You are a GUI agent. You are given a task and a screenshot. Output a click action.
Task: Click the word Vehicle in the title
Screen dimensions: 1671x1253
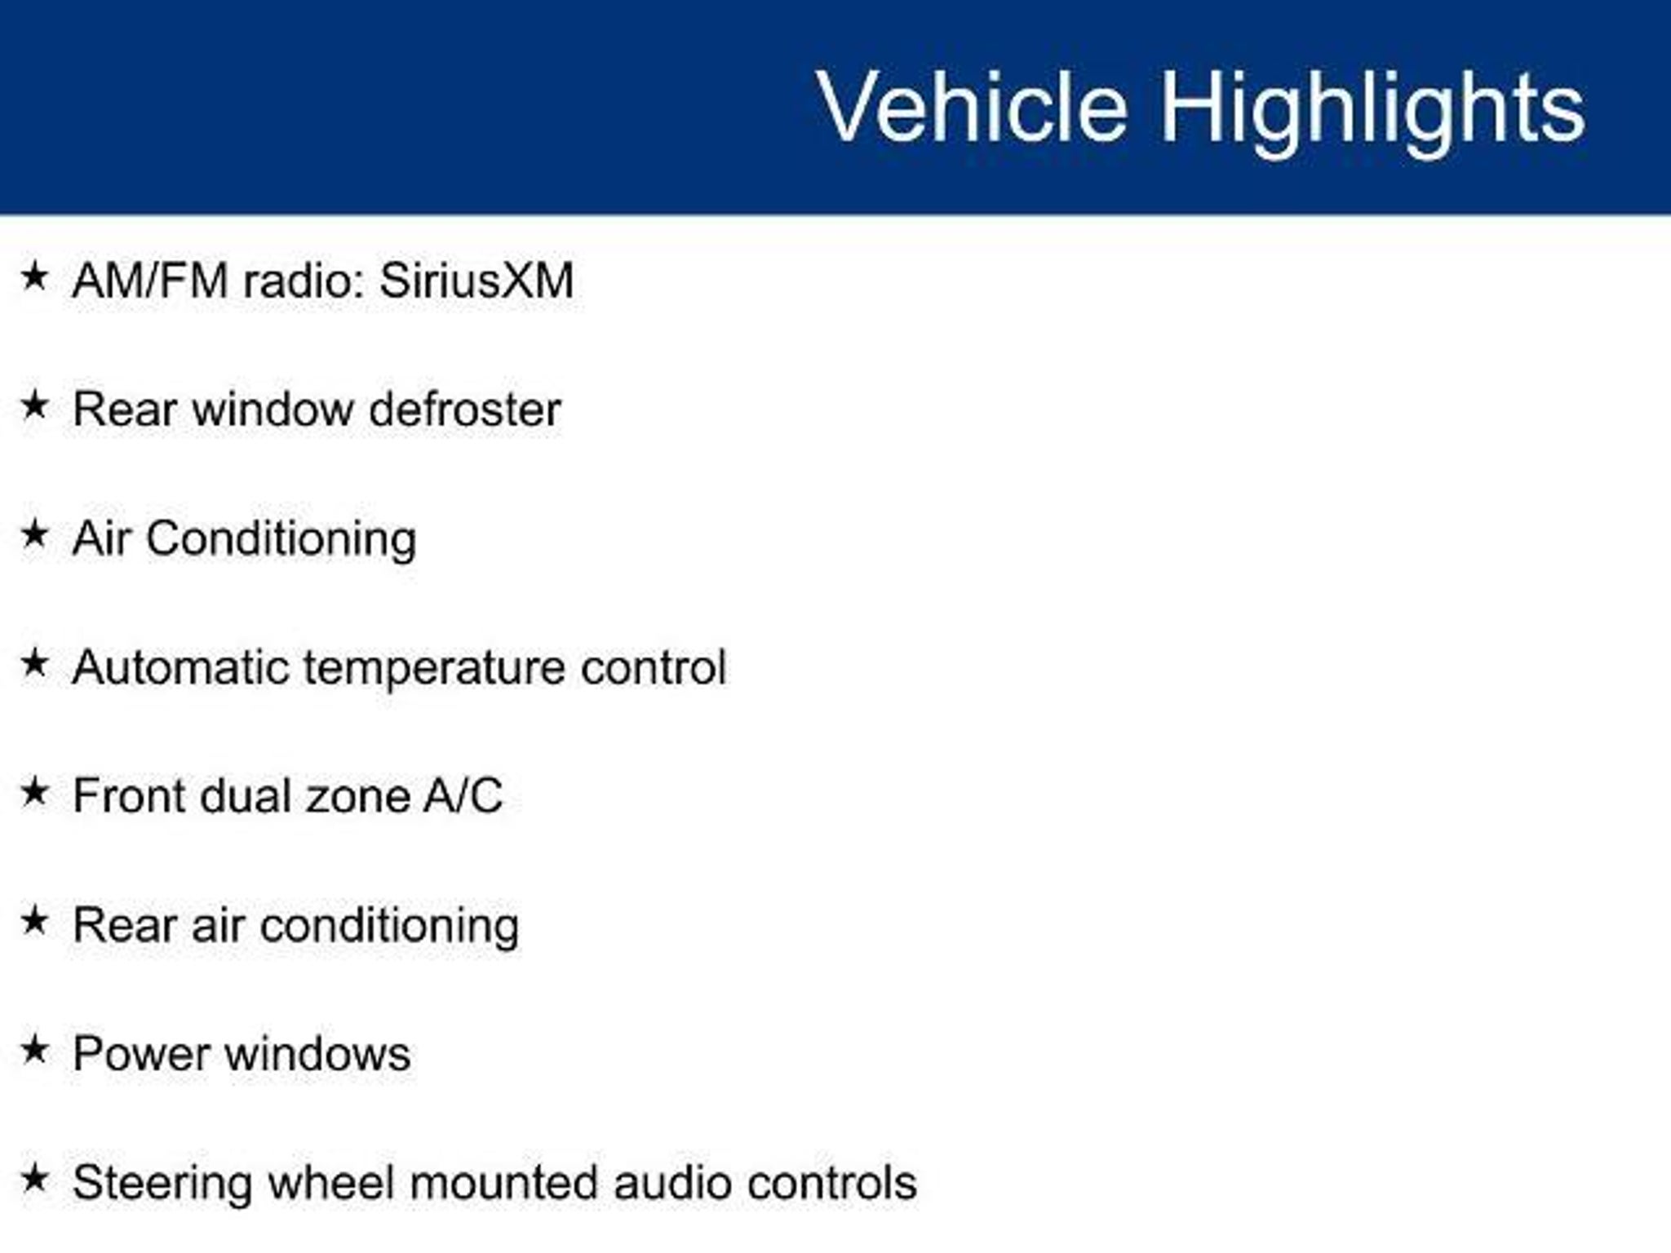[973, 107]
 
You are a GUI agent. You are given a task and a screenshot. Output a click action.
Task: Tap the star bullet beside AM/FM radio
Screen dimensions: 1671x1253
[34, 277]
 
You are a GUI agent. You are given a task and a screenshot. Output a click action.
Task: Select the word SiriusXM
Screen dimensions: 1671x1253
[476, 281]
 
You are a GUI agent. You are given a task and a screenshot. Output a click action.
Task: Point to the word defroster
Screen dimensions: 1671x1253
[465, 409]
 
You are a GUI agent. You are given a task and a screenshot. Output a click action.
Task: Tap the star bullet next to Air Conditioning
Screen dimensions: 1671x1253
[34, 534]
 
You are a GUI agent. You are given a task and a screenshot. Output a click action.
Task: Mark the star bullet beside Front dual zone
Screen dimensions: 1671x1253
[34, 792]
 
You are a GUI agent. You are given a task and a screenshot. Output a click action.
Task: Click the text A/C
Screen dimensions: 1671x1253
[463, 795]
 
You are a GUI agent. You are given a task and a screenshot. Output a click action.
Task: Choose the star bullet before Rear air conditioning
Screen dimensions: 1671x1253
[34, 922]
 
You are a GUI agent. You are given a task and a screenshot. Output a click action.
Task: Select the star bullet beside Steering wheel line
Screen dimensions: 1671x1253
[34, 1180]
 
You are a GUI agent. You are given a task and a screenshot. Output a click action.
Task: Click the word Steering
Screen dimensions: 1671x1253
[162, 1184]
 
